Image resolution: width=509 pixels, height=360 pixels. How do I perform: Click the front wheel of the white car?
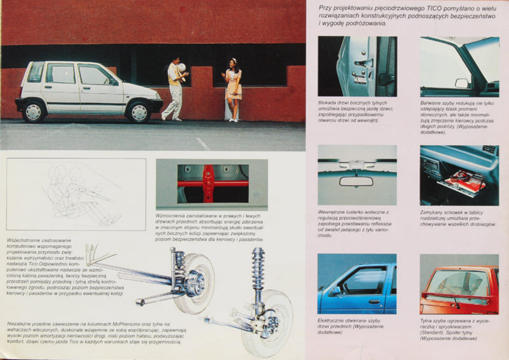coord(139,112)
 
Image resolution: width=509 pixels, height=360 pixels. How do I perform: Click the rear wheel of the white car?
coord(34,111)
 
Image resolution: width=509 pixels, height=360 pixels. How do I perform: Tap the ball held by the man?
coord(182,67)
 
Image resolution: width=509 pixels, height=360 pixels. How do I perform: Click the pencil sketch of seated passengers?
coord(77,194)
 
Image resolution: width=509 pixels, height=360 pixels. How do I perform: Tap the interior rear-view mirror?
coord(356,181)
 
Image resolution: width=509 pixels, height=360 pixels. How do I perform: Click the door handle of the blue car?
coord(374,302)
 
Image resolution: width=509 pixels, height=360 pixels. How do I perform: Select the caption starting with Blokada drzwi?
coord(355,111)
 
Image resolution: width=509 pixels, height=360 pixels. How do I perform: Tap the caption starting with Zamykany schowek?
coord(457,218)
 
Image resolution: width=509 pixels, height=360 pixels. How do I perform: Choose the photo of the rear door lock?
coord(357,67)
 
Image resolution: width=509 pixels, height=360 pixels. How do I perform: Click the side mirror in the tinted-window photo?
coord(462,83)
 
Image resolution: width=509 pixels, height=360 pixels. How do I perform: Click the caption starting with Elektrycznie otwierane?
coord(351,326)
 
